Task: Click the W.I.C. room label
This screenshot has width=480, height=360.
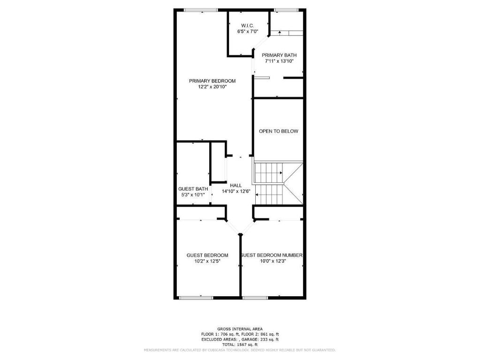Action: pos(247,25)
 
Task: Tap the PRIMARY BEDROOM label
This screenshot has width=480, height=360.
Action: pos(212,81)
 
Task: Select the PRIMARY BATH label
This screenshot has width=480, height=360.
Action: pos(279,55)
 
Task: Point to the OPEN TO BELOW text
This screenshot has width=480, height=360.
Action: pos(279,131)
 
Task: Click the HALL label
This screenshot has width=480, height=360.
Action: pos(236,185)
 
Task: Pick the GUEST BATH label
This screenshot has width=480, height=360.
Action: pos(193,189)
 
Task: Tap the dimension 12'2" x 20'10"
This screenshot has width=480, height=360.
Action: pos(212,87)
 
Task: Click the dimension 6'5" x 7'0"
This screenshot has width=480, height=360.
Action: pos(247,31)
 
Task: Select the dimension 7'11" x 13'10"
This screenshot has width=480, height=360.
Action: pos(279,61)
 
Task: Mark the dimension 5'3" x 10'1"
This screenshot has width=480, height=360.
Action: pos(193,195)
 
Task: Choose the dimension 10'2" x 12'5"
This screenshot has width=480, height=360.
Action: pos(207,261)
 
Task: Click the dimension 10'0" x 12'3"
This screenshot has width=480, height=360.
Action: pos(273,261)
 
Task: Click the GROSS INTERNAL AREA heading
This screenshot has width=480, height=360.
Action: pos(240,329)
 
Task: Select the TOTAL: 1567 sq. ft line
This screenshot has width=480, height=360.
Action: pos(240,344)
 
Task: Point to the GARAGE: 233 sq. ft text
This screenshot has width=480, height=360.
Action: pos(259,339)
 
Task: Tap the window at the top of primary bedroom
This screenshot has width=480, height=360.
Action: pos(200,10)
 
